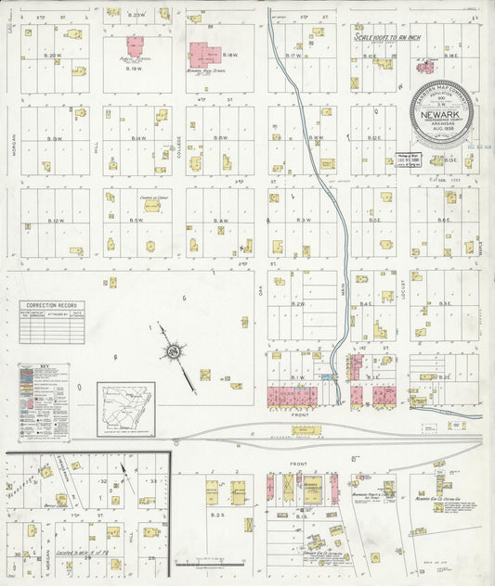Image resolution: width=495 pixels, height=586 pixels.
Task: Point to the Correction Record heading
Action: pyautogui.click(x=51, y=305)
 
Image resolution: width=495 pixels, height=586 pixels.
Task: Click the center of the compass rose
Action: pyautogui.click(x=172, y=351)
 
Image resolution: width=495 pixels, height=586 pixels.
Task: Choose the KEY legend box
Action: pyautogui.click(x=44, y=401)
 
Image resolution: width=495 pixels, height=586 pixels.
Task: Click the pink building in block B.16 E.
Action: pyautogui.click(x=423, y=67)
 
